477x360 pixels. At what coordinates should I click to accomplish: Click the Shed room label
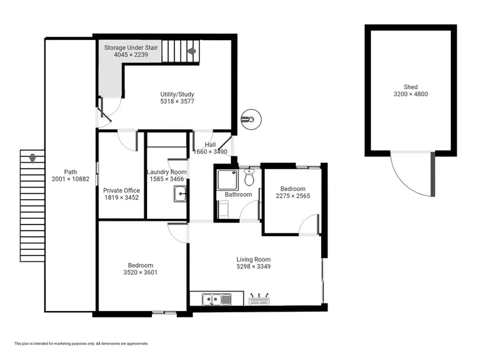click(411, 87)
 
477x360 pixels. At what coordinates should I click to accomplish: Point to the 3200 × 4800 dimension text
click(411, 94)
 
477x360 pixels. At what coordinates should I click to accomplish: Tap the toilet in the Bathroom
click(249, 177)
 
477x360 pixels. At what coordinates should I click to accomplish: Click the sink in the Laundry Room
click(179, 195)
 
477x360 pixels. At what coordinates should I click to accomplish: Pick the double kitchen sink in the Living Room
click(211, 298)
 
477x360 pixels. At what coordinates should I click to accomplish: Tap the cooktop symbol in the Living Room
click(261, 298)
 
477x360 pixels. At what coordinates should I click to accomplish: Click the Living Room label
click(254, 260)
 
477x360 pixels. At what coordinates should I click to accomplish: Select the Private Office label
click(121, 190)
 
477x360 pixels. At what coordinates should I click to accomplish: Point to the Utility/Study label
click(177, 95)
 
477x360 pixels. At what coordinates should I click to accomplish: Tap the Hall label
click(210, 145)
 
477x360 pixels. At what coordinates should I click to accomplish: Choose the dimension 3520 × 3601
click(141, 272)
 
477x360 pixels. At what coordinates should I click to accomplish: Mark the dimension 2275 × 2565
click(293, 196)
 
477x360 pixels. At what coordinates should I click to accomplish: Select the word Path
click(71, 172)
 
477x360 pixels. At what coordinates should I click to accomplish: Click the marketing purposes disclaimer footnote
click(81, 343)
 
